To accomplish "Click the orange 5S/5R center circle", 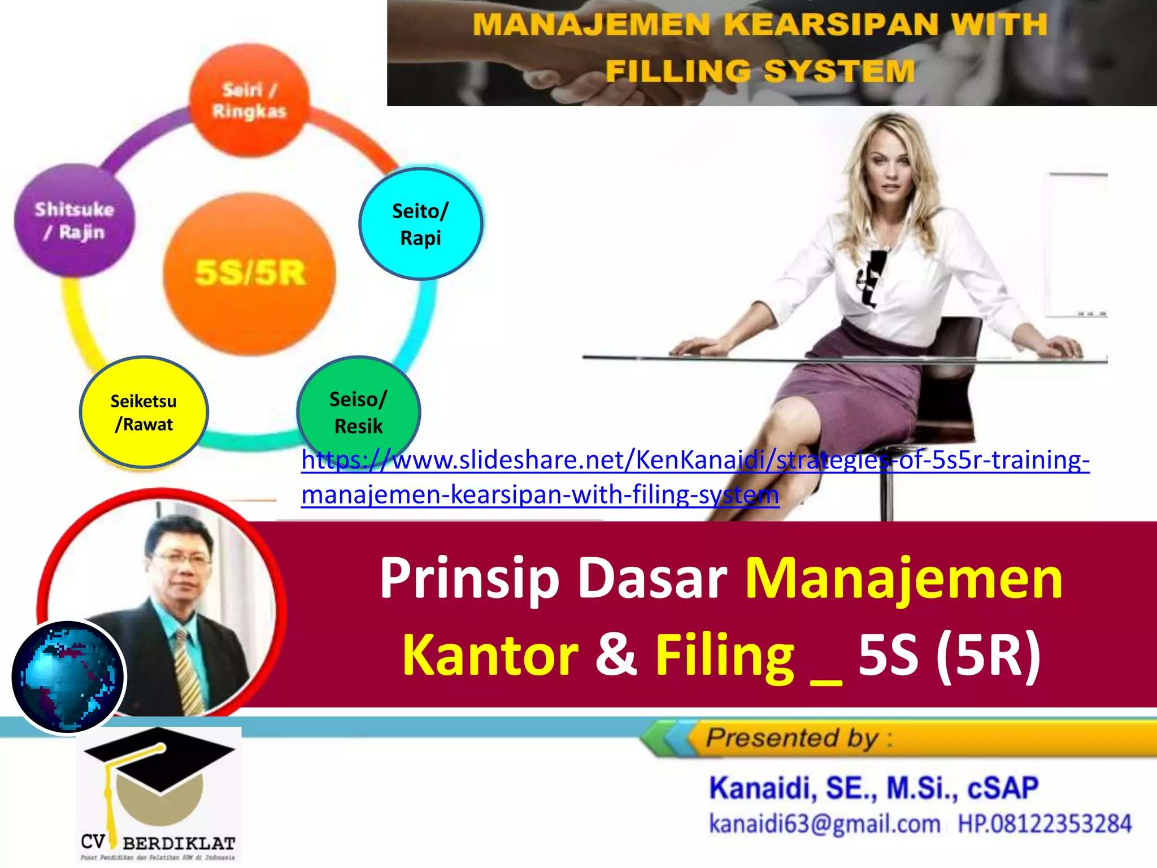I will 249,274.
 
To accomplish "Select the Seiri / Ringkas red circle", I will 249,100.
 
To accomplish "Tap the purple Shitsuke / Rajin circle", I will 74,220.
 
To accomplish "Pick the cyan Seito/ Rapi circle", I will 420,224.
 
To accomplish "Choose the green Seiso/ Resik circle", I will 358,412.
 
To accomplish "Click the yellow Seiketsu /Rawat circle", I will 143,413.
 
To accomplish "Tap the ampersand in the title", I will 616,655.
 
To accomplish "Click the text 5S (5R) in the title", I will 949,655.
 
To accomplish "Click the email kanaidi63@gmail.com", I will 824,824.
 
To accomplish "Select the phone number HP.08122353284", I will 1045,824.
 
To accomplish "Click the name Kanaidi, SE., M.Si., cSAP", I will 873,788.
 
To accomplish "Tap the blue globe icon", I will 68,676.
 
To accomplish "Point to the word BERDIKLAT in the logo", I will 179,844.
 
